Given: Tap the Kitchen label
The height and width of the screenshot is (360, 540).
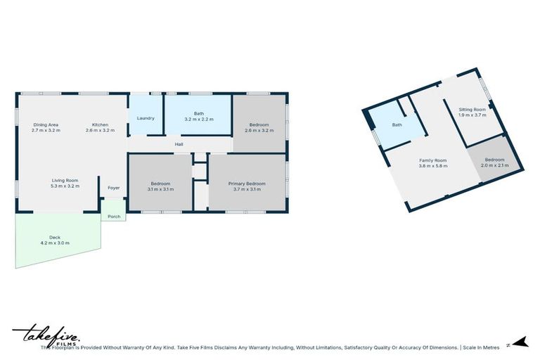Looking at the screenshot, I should pos(100,124).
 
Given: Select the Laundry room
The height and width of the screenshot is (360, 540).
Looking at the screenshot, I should pos(146,118).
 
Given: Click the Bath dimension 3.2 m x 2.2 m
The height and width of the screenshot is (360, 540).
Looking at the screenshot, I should pos(198,120).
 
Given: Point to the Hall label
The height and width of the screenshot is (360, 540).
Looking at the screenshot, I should pos(179,145).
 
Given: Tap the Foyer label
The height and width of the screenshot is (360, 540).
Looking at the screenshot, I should pos(113,188).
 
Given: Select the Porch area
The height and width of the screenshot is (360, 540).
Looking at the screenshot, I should pos(114,216).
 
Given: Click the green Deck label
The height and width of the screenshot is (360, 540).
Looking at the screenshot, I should pos(55,237).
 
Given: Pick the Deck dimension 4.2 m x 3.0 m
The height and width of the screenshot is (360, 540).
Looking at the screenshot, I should pos(55,243).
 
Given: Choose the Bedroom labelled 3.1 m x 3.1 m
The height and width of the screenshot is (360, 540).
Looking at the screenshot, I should pos(160,186).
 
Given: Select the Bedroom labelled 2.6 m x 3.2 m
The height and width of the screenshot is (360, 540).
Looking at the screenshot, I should pos(259,127).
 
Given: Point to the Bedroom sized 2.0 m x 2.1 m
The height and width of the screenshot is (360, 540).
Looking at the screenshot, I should pos(494,162).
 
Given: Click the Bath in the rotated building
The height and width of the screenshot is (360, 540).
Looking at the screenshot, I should pos(397,124).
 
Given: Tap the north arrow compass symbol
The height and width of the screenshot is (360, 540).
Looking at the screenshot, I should pos(520,342).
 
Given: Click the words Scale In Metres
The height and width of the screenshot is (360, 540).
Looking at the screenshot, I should pos(481,347).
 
